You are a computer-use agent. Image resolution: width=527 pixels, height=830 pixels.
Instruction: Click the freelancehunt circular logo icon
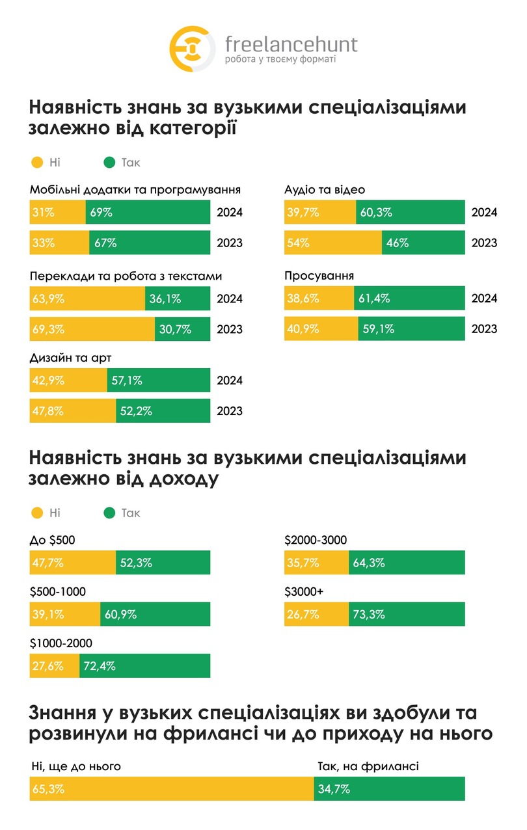pyautogui.click(x=193, y=49)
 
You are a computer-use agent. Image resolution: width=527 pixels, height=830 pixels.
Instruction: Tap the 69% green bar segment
pyautogui.click(x=148, y=213)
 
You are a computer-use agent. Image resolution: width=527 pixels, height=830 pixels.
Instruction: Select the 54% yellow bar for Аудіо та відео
pyautogui.click(x=333, y=243)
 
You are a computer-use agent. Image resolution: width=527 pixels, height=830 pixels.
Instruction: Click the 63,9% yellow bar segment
pyautogui.click(x=87, y=299)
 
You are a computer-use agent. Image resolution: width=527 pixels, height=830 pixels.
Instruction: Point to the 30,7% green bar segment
pyautogui.click(x=182, y=329)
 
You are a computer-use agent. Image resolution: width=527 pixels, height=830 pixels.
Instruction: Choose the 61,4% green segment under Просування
pyautogui.click(x=409, y=299)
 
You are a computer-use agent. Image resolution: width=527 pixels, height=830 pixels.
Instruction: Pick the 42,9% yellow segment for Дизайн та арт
pyautogui.click(x=68, y=381)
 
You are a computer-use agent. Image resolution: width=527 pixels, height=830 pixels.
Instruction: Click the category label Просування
pyautogui.click(x=319, y=276)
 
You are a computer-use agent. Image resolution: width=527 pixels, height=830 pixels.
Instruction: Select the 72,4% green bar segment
pyautogui.click(x=145, y=666)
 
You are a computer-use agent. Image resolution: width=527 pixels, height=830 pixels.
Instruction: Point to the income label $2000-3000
pyautogui.click(x=316, y=540)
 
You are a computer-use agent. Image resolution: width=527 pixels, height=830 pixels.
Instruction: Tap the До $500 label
pyautogui.click(x=53, y=540)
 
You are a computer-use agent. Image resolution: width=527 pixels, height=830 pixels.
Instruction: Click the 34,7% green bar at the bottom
pyautogui.click(x=389, y=789)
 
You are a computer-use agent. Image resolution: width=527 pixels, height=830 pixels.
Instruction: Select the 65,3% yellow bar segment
pyautogui.click(x=172, y=789)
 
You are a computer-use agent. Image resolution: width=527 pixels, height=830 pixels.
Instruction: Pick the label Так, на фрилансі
pyautogui.click(x=368, y=766)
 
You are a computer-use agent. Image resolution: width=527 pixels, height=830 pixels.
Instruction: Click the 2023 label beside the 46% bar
pyautogui.click(x=484, y=243)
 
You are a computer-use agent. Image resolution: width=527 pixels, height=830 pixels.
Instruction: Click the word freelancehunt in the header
pyautogui.click(x=291, y=44)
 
